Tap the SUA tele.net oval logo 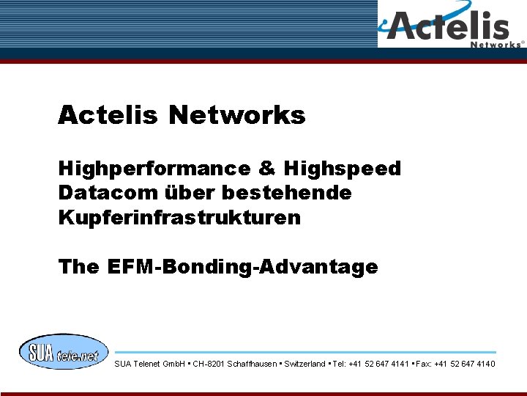63,352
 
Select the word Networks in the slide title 236,115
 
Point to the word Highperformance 154,169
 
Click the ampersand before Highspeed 266,169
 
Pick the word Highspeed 343,169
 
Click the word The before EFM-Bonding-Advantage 78,267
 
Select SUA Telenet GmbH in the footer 149,364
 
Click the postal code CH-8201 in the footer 209,364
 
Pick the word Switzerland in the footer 304,364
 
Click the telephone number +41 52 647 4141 381,364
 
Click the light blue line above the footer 305,352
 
